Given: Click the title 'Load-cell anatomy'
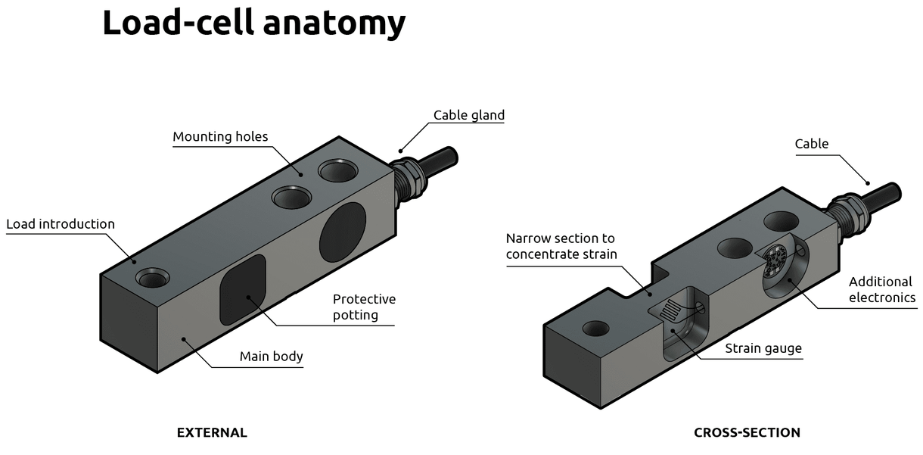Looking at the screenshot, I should (253, 23).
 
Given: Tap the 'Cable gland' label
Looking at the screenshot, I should (468, 115).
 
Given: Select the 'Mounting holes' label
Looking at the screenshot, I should (220, 137).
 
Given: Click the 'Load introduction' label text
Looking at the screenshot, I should (61, 224).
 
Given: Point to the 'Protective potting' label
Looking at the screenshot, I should (364, 307).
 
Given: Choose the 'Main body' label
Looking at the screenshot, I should (271, 356).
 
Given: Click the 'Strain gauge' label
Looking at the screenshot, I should (763, 348).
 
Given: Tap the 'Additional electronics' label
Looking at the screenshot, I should (881, 289).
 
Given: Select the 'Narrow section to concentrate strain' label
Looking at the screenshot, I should (561, 245).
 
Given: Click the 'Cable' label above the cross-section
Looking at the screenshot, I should (811, 144).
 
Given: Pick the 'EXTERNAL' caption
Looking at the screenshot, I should (212, 433).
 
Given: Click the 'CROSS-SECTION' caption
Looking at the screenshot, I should (747, 433).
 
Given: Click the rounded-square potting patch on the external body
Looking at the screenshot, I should (242, 288).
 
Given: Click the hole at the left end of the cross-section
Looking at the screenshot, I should (595, 329).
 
